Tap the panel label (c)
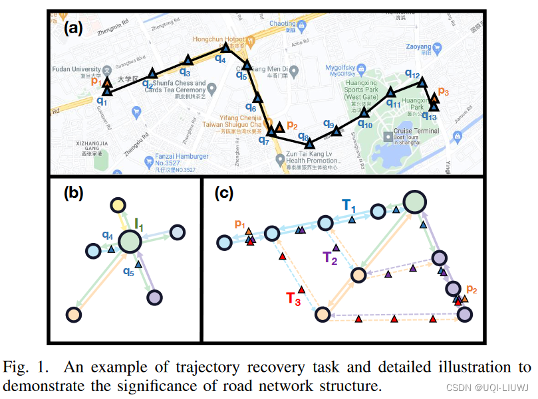225,194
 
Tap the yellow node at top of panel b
118,205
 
